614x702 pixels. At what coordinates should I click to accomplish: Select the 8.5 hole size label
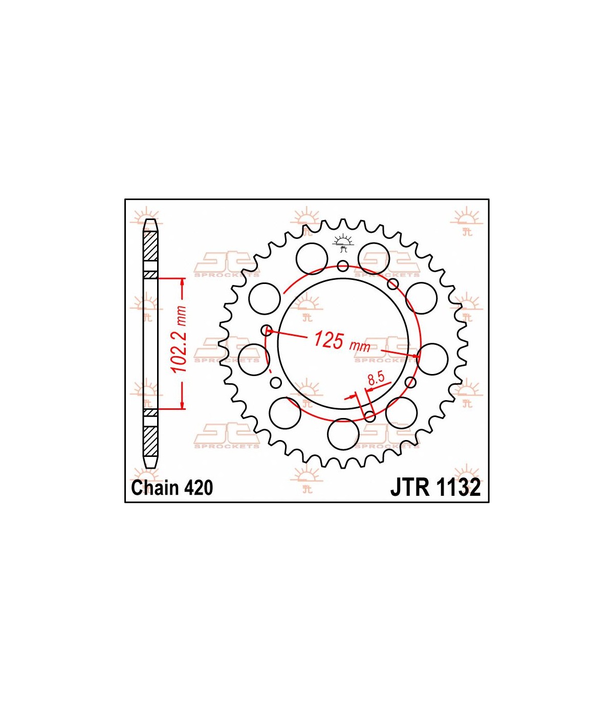pyautogui.click(x=375, y=379)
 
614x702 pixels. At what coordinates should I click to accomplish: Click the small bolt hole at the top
pyautogui.click(x=343, y=266)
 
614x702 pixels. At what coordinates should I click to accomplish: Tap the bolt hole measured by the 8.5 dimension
pyautogui.click(x=369, y=416)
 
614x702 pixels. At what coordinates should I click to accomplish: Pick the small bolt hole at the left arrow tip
pyautogui.click(x=267, y=330)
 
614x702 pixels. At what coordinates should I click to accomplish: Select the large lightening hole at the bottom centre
pyautogui.click(x=343, y=434)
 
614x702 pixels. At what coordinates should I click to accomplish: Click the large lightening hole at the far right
pyautogui.click(x=432, y=359)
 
